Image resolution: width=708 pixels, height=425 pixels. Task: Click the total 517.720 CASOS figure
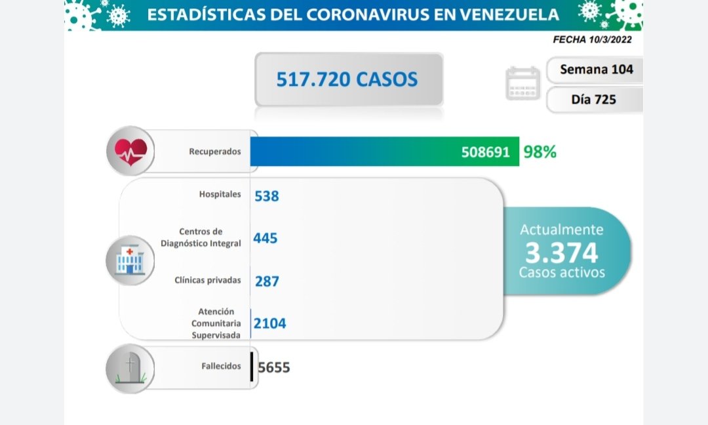(347, 79)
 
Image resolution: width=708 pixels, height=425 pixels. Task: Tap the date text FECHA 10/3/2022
(593, 39)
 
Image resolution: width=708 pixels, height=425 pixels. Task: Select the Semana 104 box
(596, 69)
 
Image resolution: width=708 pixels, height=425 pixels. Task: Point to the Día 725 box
(593, 99)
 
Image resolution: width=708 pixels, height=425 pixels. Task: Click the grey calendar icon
(522, 83)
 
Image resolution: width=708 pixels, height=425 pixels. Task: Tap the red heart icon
(131, 152)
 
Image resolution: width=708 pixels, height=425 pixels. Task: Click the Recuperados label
(215, 152)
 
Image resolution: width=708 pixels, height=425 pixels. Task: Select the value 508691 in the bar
(485, 152)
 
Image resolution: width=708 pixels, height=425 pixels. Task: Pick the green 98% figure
(540, 152)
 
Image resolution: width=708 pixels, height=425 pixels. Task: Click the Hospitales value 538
(267, 195)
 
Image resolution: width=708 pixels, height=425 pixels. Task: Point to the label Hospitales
(220, 194)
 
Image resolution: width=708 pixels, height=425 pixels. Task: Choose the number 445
(265, 237)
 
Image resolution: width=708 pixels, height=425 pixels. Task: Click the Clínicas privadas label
(208, 280)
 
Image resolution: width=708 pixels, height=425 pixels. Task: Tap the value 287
(267, 281)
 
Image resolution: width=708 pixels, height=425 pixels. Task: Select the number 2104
(270, 323)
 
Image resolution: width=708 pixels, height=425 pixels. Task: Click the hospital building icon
(130, 260)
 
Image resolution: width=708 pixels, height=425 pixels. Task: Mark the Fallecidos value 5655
(274, 367)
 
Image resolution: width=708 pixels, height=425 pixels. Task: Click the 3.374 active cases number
(562, 253)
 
